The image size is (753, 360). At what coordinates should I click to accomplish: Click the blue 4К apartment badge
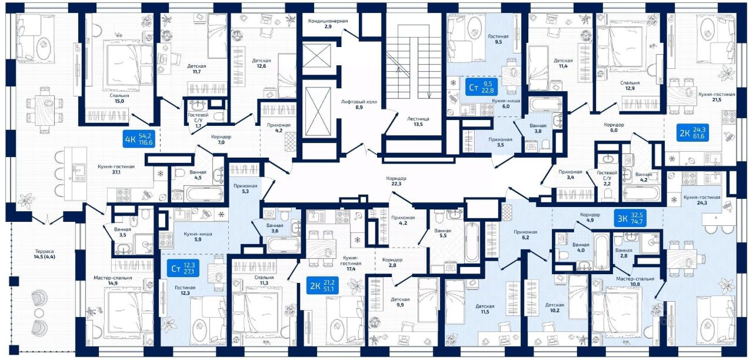point(138,139)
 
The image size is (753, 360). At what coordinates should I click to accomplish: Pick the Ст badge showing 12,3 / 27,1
point(183,268)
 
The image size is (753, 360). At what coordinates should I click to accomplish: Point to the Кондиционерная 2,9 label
point(328,24)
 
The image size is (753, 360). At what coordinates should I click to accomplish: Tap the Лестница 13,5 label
point(418,121)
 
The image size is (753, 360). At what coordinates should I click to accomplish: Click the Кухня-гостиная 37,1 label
point(116,169)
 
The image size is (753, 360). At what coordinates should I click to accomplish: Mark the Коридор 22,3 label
point(397,181)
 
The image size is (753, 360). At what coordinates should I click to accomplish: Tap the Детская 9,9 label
point(400,302)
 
